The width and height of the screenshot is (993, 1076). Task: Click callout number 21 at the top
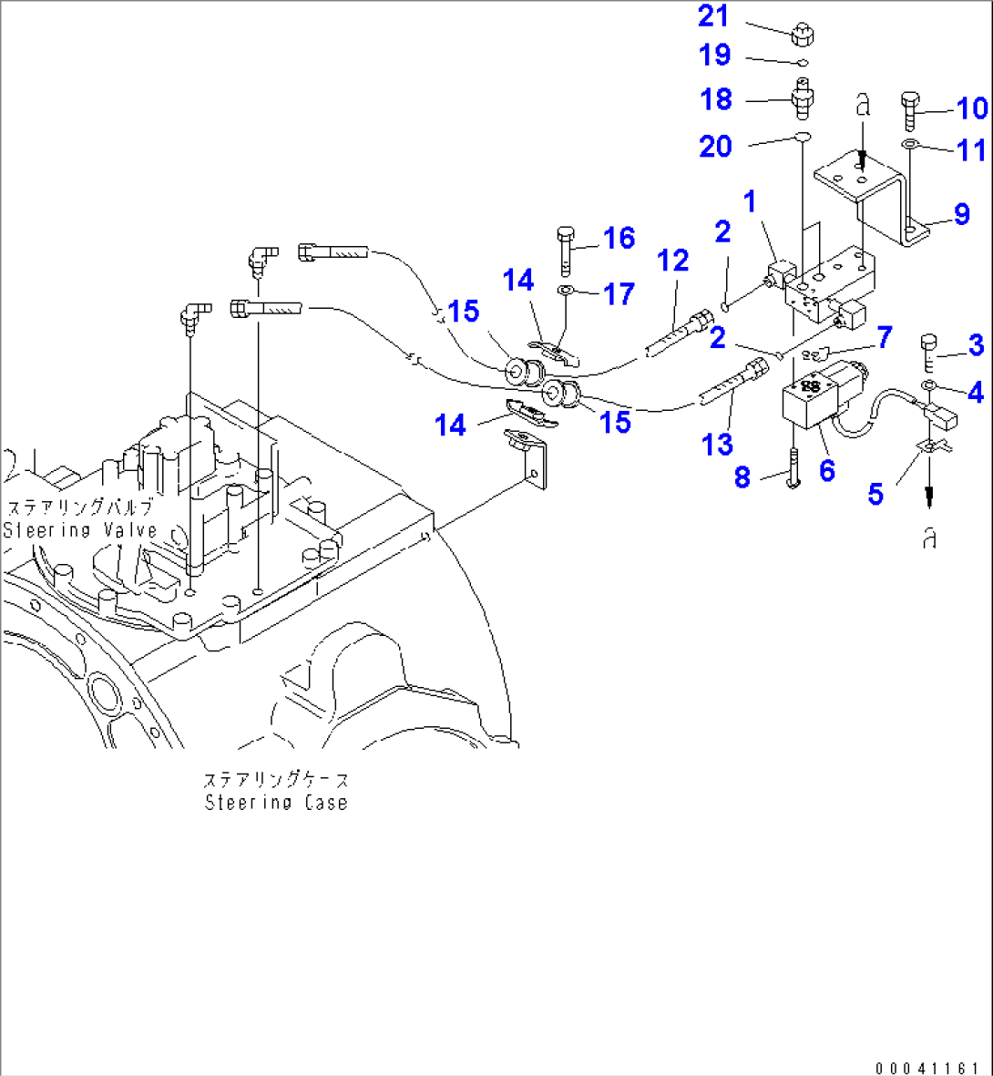(x=714, y=15)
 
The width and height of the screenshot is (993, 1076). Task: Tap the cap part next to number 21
(x=801, y=35)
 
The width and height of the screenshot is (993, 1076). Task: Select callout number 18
(x=716, y=98)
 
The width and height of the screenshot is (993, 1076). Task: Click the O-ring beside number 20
(x=801, y=138)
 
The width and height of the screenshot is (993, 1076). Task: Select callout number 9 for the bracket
(x=962, y=214)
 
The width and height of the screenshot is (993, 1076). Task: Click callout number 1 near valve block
(x=750, y=201)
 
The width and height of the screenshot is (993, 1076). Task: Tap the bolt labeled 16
(x=565, y=246)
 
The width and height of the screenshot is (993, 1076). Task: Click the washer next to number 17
(x=565, y=291)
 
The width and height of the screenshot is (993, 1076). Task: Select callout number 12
(x=673, y=261)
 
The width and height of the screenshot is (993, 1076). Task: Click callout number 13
(x=717, y=444)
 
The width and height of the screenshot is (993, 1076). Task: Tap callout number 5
(x=875, y=494)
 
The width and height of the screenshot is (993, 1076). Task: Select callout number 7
(x=884, y=337)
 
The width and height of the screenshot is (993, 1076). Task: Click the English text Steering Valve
(x=80, y=530)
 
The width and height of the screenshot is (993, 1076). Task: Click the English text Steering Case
(x=275, y=803)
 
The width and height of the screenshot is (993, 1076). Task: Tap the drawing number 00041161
(x=928, y=1067)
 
